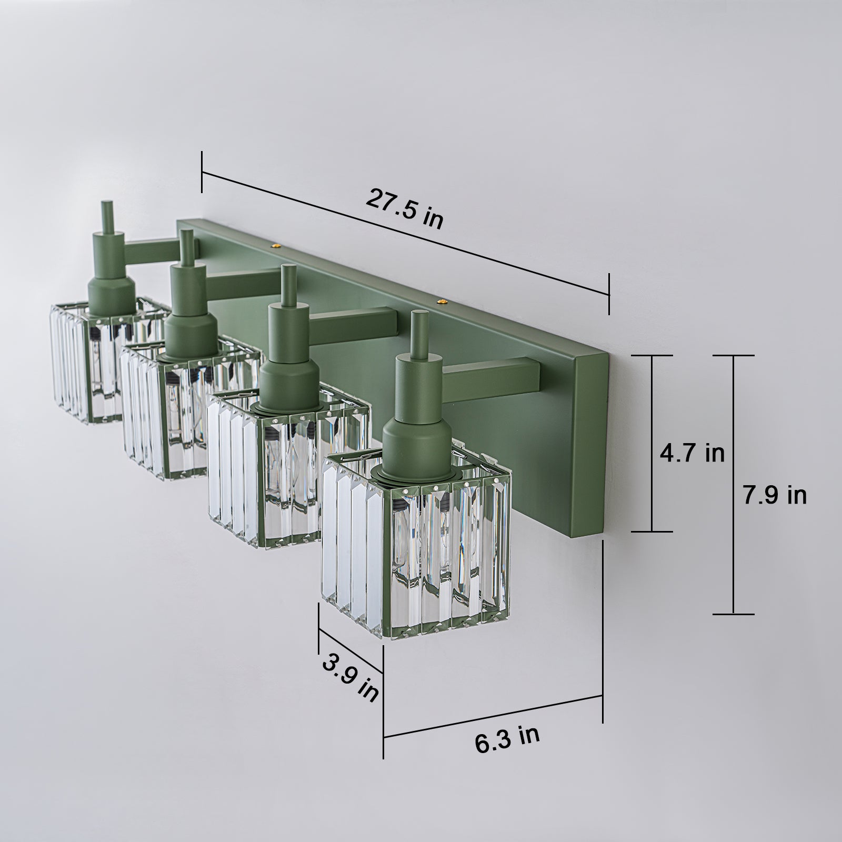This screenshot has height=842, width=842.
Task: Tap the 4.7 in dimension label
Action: [693, 453]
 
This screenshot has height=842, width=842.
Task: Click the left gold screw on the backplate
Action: [274, 245]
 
